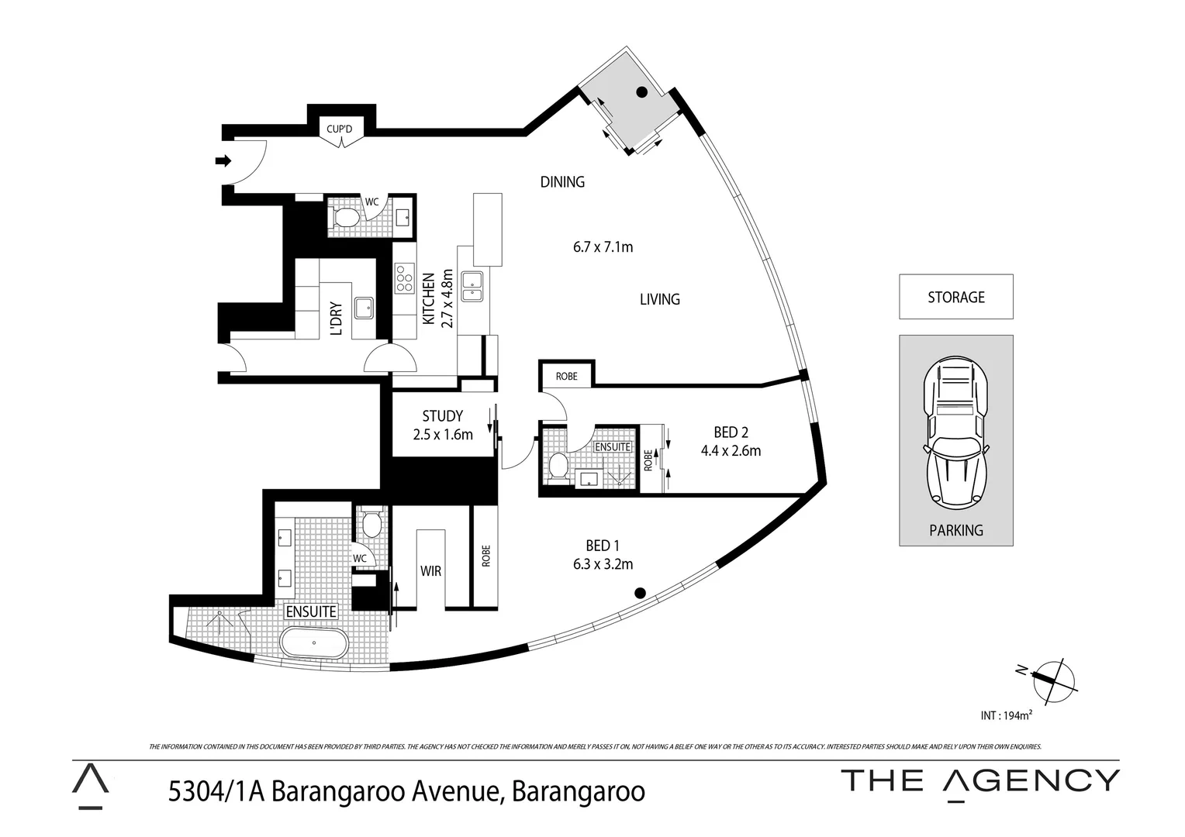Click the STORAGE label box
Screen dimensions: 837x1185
[955, 297]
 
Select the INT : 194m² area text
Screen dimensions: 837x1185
[1006, 716]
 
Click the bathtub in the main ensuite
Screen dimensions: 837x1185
[314, 643]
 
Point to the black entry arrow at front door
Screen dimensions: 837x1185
[223, 161]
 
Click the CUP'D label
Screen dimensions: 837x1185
[339, 129]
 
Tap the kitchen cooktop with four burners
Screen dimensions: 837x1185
[404, 278]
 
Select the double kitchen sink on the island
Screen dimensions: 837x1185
[472, 286]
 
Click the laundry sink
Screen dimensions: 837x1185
[363, 308]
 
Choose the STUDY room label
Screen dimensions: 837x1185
[443, 416]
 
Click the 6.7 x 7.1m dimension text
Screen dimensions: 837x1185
[603, 247]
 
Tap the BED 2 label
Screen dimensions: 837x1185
[731, 432]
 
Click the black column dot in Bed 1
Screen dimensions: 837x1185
[640, 594]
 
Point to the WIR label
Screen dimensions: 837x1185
[430, 571]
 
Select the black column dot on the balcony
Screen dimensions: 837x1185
[641, 92]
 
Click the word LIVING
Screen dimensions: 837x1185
[659, 299]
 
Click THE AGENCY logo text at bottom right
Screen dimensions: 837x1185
[980, 780]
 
